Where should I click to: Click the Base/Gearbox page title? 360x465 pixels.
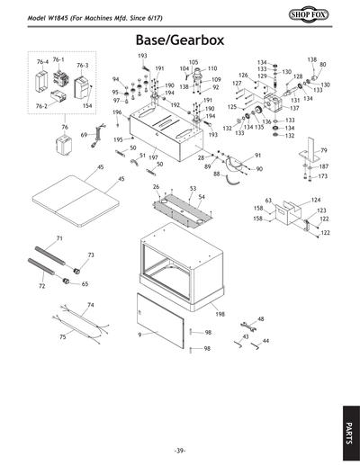(179, 40)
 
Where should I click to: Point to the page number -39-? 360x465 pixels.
(180, 450)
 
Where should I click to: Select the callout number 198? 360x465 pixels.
(220, 316)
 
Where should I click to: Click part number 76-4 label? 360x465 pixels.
(41, 62)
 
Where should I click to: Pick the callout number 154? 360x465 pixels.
(87, 106)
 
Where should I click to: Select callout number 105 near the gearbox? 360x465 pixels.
(193, 62)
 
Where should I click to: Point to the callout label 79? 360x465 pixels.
(324, 150)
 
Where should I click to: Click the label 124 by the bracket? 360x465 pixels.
(316, 200)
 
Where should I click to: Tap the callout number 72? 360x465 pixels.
(41, 286)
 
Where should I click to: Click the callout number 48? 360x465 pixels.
(260, 319)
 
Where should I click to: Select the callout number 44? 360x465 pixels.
(265, 341)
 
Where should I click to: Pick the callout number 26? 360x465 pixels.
(157, 187)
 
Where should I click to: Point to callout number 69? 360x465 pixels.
(84, 135)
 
